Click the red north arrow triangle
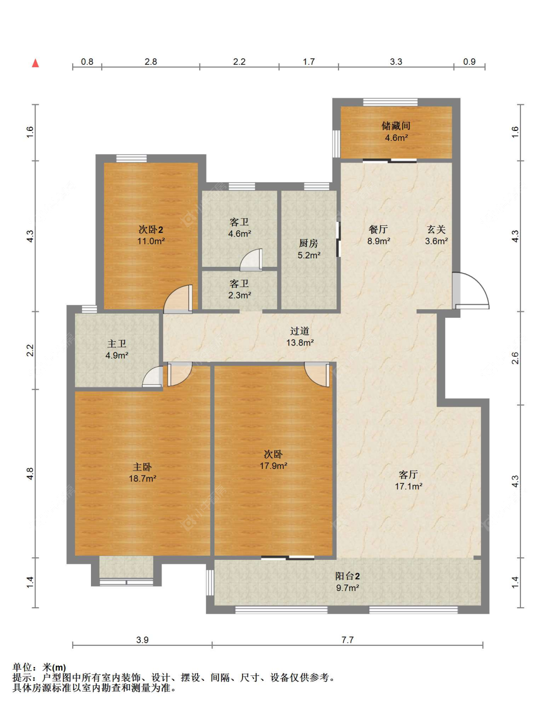[x=36, y=63]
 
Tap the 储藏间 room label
[x=396, y=126]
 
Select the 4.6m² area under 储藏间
[x=396, y=138]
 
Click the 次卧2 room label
[x=151, y=229]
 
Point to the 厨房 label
[x=308, y=244]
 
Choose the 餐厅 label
[x=379, y=229]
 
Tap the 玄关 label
[x=436, y=229]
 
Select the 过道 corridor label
[x=299, y=331]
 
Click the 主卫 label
[x=117, y=344]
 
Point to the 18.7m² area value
[x=142, y=479]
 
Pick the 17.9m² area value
[x=274, y=465]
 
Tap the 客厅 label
[x=408, y=474]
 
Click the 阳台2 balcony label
[x=347, y=576]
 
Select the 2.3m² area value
[x=240, y=295]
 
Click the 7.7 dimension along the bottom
[x=347, y=639]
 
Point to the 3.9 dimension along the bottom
[x=142, y=639]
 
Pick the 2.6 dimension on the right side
[x=515, y=358]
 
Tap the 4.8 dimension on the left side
[x=30, y=474]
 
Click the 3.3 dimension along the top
[x=396, y=62]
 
